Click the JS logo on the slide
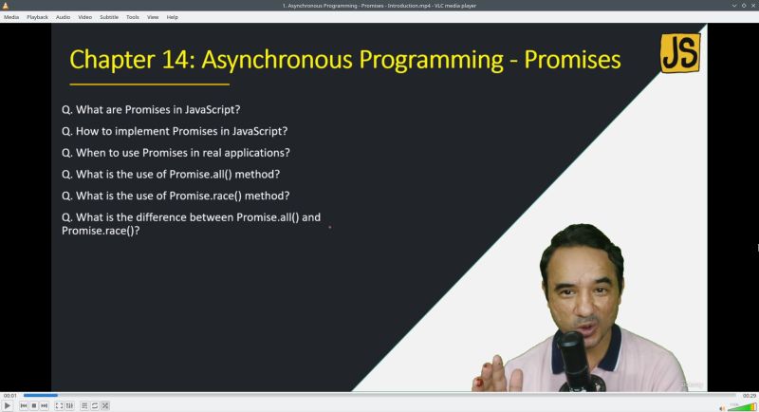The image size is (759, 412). point(679,53)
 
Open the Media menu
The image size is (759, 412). point(11,17)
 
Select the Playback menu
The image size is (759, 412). point(37,17)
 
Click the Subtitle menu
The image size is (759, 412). point(109,17)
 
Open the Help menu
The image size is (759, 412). point(172,17)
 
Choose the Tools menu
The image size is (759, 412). point(132,17)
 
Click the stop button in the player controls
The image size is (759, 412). point(34,405)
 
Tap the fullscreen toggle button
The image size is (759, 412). point(59,405)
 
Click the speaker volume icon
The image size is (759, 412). point(722,406)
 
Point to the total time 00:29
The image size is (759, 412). point(749,395)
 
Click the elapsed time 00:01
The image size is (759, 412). point(9,395)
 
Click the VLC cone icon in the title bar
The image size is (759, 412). point(6,6)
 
